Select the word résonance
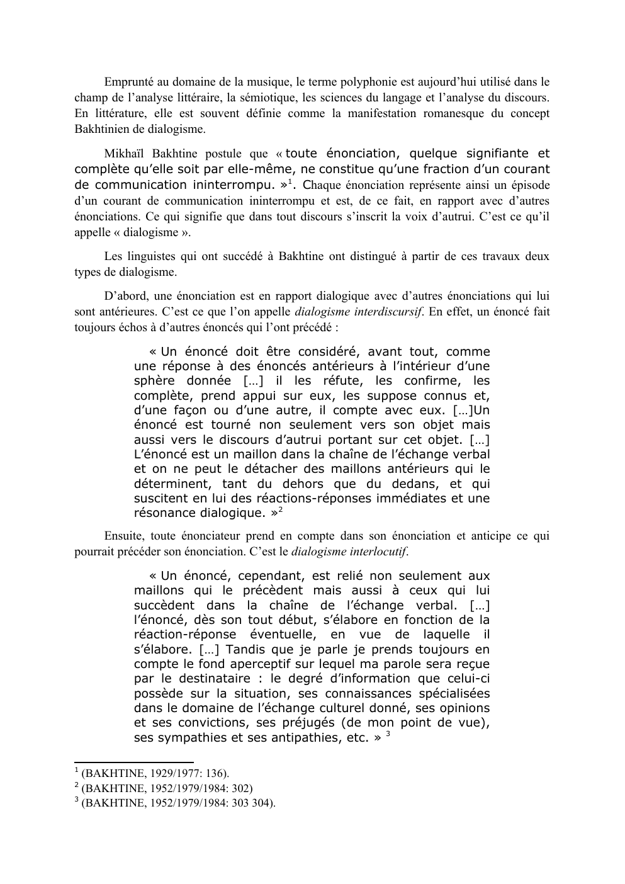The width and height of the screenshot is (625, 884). (x=162, y=513)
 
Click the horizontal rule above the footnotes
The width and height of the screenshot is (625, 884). (x=133, y=762)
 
